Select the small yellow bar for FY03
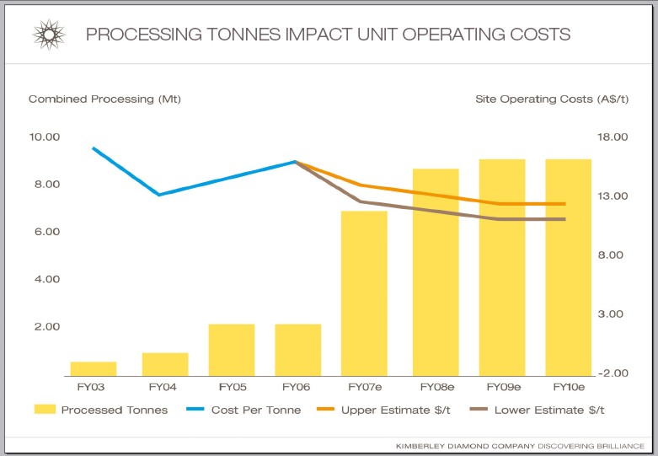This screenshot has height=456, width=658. tap(93, 368)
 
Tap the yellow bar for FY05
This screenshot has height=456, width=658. tap(232, 349)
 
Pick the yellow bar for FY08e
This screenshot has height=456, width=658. tap(436, 271)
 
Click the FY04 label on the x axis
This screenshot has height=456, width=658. tap(163, 387)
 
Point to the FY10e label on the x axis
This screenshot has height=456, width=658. tap(569, 387)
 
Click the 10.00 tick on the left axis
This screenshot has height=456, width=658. tap(45, 137)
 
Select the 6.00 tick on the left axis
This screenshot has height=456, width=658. tap(45, 232)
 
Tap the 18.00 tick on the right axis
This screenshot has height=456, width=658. tap(614, 137)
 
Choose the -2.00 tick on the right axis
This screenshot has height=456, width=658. tap(614, 373)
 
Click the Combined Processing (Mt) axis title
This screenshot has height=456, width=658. tap(104, 99)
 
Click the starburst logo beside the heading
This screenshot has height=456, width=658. tap(49, 35)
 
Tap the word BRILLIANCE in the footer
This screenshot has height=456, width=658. tap(616, 444)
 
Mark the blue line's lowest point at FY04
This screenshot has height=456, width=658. tap(159, 195)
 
